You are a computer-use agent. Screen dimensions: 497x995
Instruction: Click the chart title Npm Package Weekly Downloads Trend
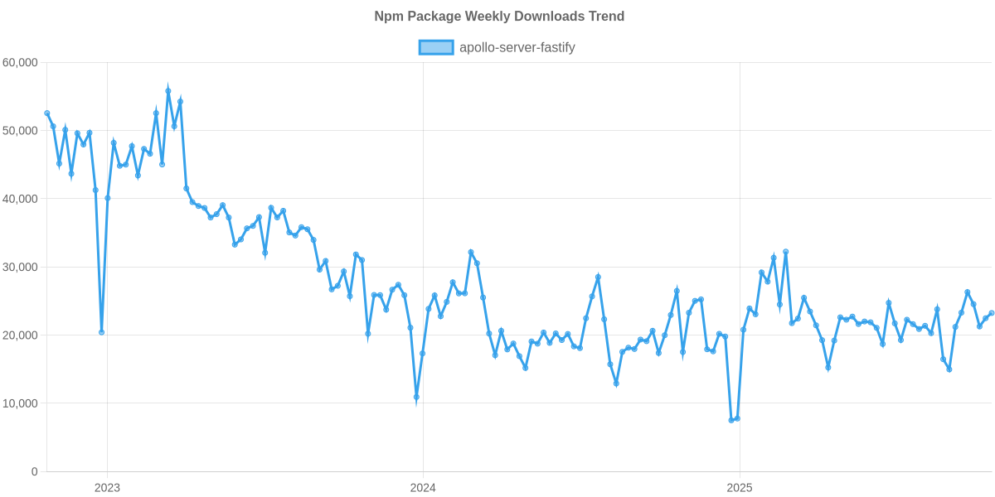(x=498, y=17)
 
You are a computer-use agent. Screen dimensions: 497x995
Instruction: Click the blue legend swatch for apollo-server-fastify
(x=436, y=47)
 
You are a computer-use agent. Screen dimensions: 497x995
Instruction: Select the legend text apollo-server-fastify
(x=517, y=47)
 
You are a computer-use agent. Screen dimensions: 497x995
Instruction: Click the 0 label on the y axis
(x=34, y=472)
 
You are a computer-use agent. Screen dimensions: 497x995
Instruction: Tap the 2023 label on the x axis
(x=107, y=487)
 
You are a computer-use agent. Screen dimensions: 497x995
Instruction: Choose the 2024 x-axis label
(x=423, y=487)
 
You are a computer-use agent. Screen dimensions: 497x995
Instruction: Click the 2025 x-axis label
(x=739, y=487)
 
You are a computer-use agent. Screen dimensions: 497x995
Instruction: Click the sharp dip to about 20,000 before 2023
(x=101, y=331)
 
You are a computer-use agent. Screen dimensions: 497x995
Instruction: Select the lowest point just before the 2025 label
(x=731, y=420)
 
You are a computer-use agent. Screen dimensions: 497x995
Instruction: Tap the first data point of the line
(x=47, y=113)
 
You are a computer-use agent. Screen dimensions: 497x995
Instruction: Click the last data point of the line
(x=991, y=313)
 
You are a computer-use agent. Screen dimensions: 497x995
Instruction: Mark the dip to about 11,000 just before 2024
(x=416, y=398)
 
